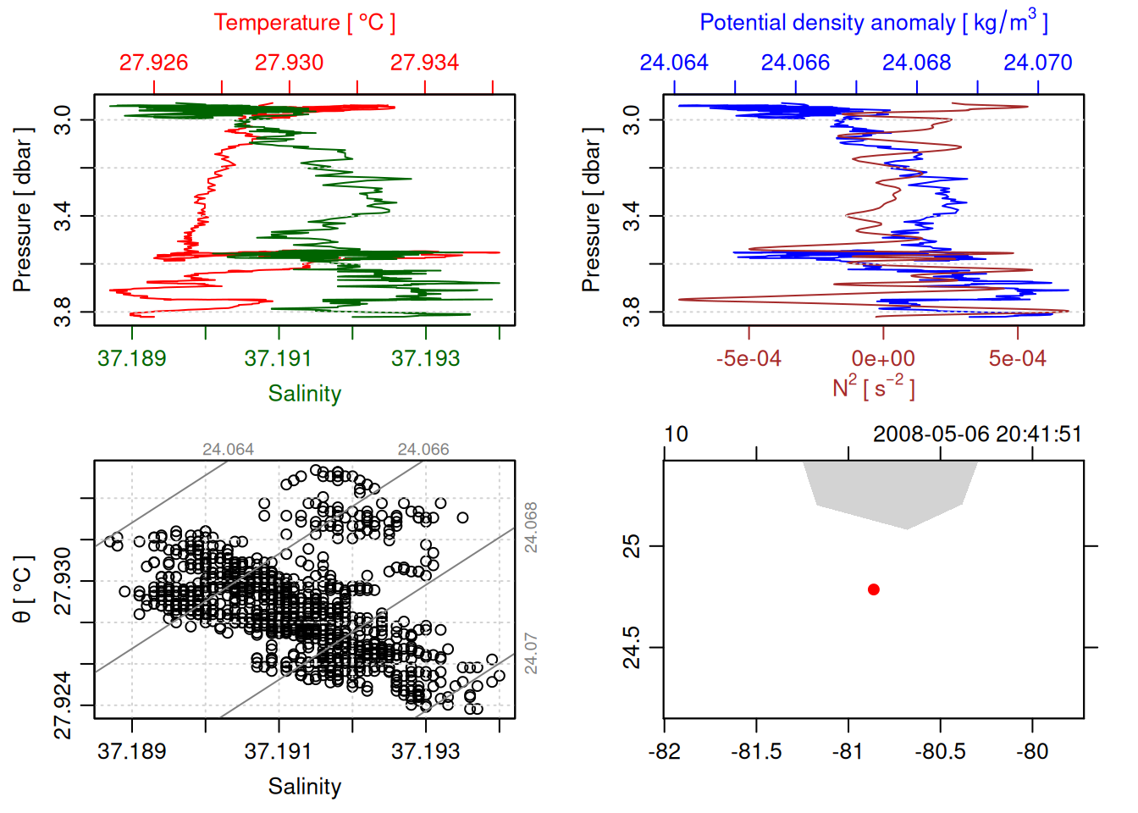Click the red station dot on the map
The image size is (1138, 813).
coord(873,589)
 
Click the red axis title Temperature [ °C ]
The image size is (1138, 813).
coord(304,23)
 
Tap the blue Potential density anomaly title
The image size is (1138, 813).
coord(873,22)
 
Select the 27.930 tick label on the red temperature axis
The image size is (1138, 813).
coord(289,63)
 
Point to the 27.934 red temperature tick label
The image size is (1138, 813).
coord(424,63)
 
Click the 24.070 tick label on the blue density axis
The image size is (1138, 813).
coord(1037,63)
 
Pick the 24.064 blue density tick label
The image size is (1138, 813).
coord(674,63)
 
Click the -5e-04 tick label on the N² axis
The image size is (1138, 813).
coord(749,359)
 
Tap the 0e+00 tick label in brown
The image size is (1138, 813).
coord(883,359)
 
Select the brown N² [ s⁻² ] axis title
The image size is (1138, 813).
coord(873,387)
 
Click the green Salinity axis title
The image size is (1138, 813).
coord(304,394)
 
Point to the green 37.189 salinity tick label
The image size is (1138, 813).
coord(132,359)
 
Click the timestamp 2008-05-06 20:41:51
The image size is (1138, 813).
coord(977,434)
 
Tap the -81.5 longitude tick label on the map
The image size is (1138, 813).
coord(756,752)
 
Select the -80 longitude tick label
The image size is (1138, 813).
coord(1031,752)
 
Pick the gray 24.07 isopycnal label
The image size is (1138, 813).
coord(531,653)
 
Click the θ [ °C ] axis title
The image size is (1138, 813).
coord(23,589)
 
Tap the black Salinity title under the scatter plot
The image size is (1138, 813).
coord(304,787)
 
